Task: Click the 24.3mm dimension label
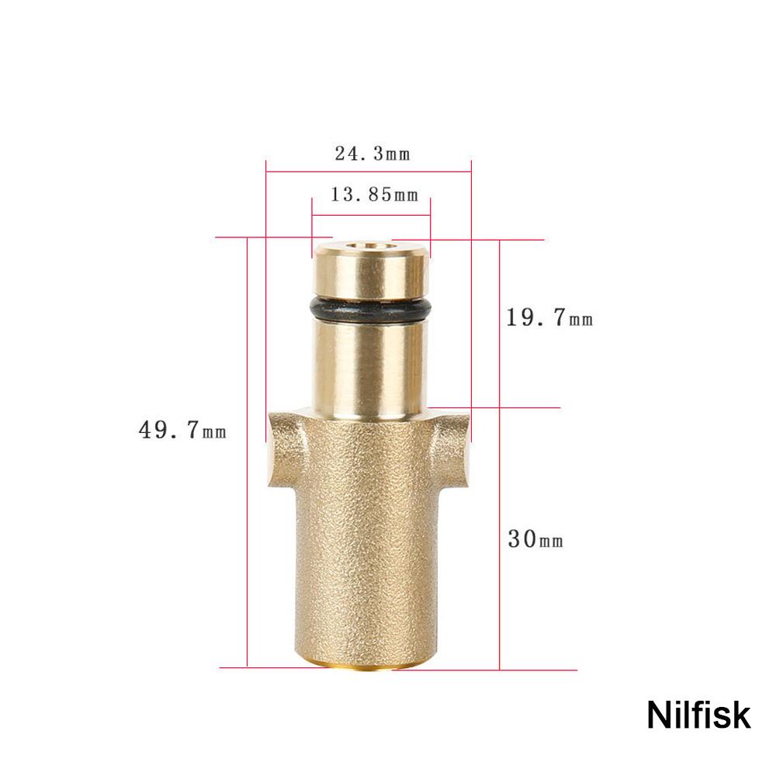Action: tap(372, 154)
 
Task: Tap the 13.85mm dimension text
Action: tap(374, 195)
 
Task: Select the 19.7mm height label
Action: tap(549, 317)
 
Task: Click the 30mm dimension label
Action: tap(535, 539)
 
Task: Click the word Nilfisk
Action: tap(698, 715)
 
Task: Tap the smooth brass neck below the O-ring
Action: tap(370, 365)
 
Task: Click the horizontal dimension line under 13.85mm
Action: tap(371, 214)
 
